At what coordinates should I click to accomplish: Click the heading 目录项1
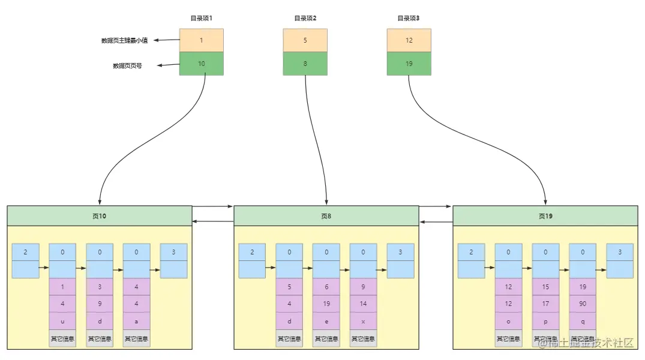(201, 19)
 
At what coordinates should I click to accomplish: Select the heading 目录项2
(305, 19)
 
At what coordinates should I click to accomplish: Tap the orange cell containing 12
(409, 40)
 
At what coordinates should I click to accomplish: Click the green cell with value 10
(201, 64)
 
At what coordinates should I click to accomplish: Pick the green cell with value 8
(305, 64)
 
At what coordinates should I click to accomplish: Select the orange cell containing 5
(305, 40)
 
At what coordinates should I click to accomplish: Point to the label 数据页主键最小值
(124, 41)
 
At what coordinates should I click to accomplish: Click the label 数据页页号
(127, 66)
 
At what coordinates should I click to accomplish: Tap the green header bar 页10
(99, 216)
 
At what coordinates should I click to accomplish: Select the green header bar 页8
(326, 216)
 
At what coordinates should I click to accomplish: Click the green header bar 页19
(545, 216)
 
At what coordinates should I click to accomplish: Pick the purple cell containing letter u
(62, 321)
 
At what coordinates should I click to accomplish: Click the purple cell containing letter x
(364, 321)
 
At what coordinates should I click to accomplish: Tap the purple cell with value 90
(583, 304)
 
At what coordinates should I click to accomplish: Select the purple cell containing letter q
(583, 321)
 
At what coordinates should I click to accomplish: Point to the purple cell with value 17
(545, 304)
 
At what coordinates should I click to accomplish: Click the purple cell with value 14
(364, 304)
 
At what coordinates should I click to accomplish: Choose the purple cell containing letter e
(326, 321)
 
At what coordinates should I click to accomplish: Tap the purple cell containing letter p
(545, 321)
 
